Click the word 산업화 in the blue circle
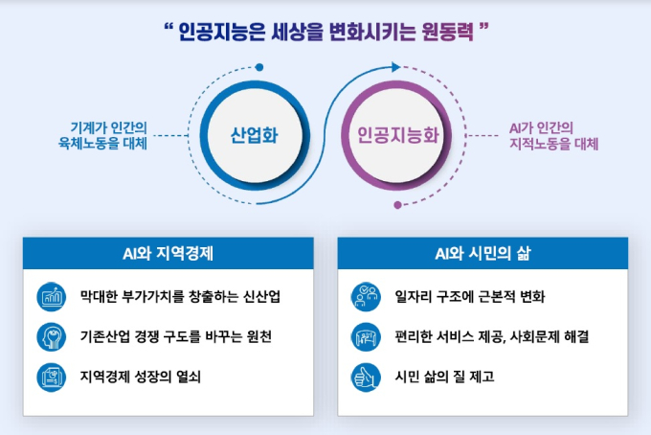coord(254,135)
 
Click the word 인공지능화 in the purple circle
coord(398,135)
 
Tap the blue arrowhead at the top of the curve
coord(395,67)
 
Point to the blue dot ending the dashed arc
coord(259,67)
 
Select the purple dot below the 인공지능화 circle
coord(397,205)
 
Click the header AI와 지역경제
coord(168,254)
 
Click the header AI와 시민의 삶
coord(483,254)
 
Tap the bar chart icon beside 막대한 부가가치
coord(51,297)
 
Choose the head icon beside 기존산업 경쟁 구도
coord(51,337)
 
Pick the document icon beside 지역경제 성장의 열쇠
coord(51,378)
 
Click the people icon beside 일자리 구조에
coord(366,297)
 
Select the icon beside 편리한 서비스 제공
coord(366,337)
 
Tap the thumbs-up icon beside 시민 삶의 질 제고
coord(366,378)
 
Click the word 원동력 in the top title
coord(448,32)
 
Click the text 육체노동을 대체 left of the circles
coord(102,144)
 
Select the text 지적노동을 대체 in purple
coord(554,144)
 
